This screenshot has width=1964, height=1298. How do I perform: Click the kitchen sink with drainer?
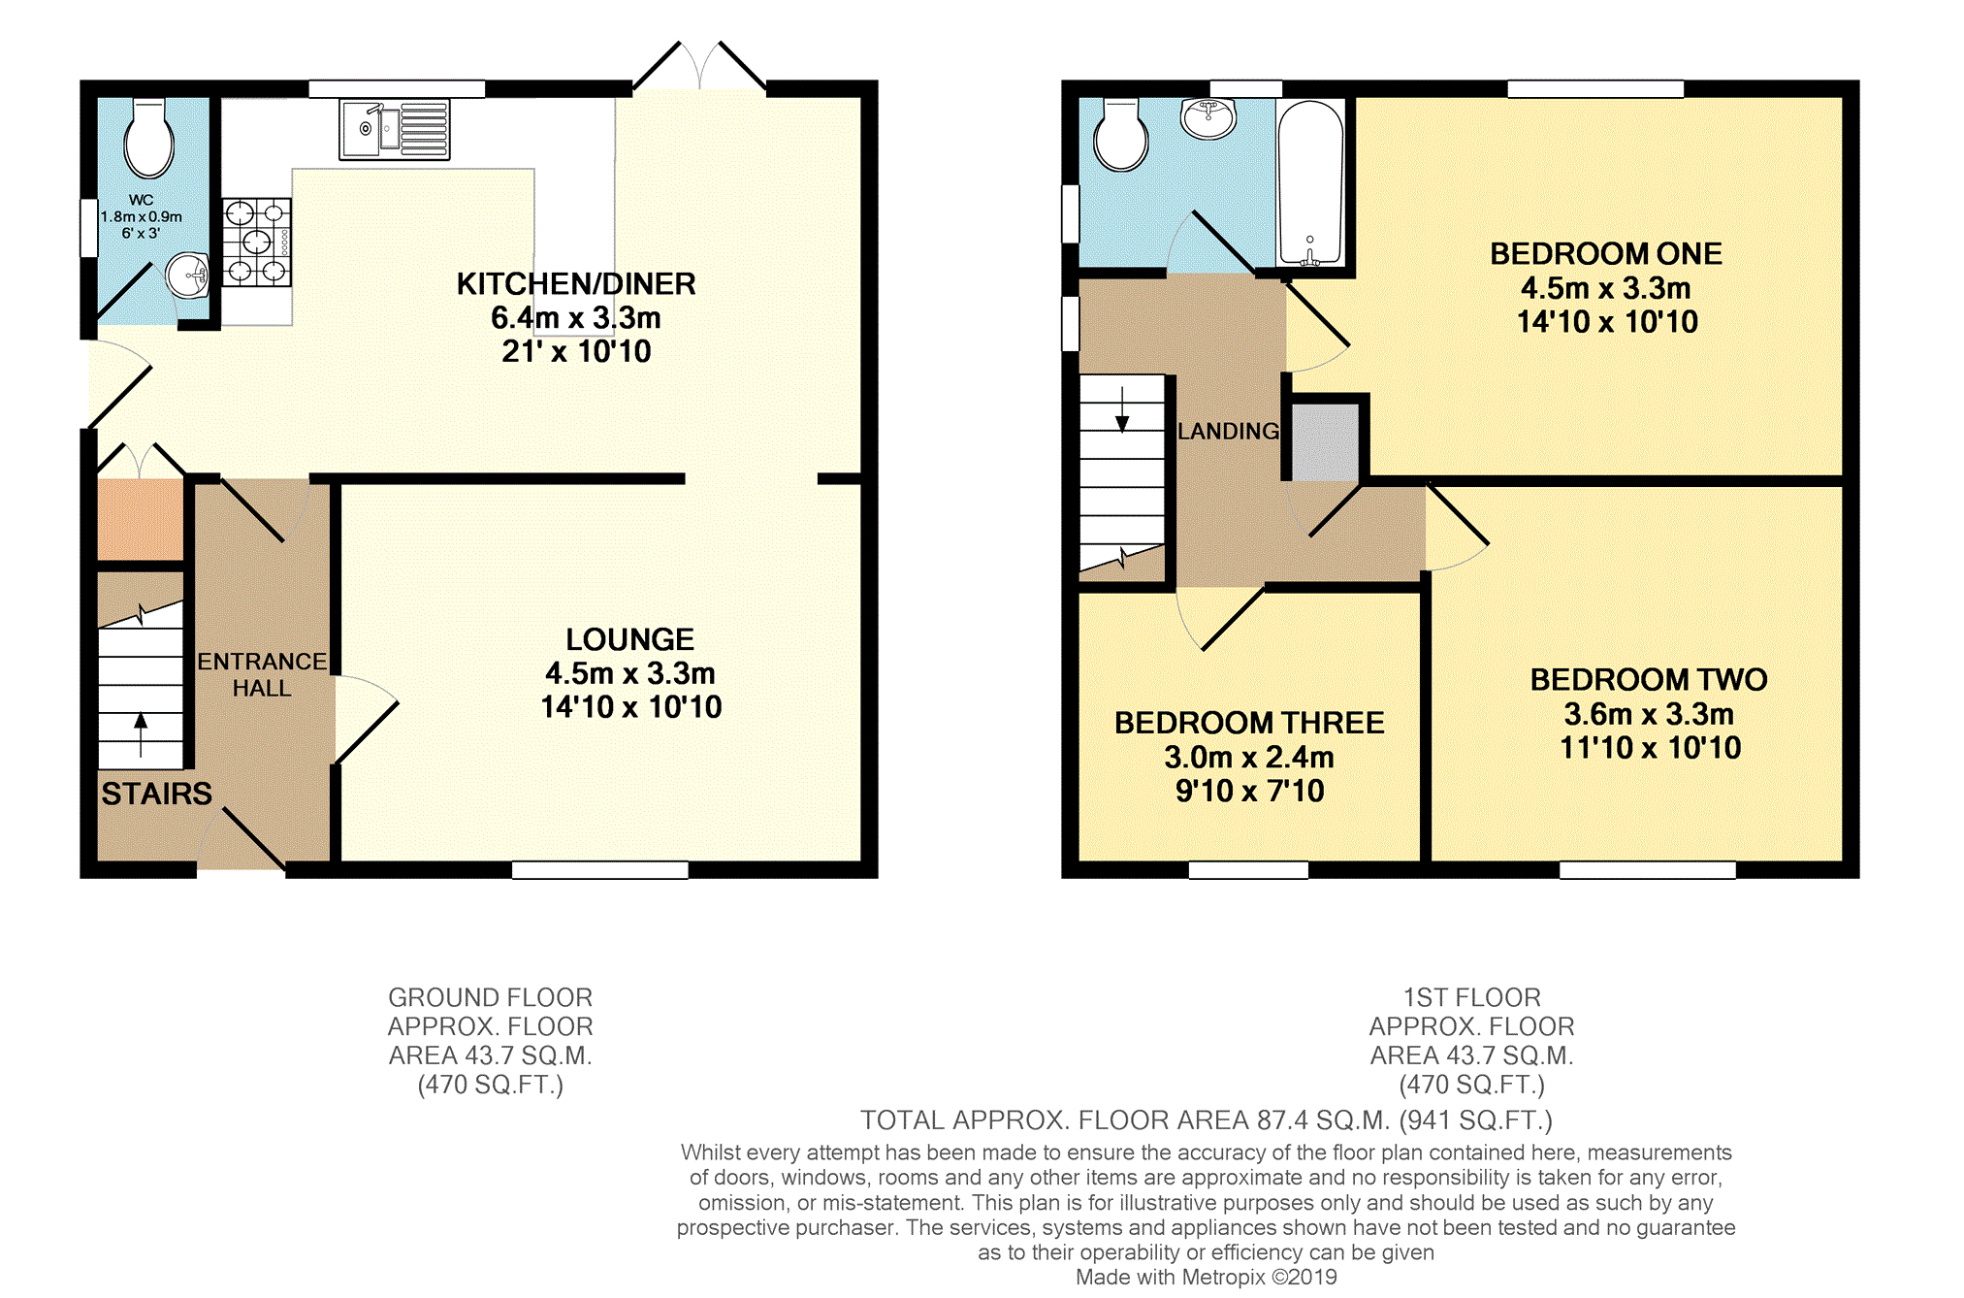point(395,129)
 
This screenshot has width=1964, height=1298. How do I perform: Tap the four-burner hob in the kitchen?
point(257,242)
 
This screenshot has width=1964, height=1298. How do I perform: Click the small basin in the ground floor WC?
point(188,276)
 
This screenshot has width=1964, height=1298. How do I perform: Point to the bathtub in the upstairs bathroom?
point(1310,183)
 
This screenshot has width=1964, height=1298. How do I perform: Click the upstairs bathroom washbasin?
point(1208,118)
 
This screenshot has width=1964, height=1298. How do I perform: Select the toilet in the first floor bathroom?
point(1121,135)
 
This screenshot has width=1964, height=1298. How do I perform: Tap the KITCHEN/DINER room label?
point(576,284)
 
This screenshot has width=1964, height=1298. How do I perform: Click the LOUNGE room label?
point(630,639)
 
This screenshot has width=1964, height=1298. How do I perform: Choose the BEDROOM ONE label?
point(1606,254)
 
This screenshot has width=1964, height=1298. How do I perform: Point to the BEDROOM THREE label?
point(1249,723)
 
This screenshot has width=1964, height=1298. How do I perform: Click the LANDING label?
point(1228,431)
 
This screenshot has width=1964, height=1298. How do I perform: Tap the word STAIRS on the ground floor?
point(156,794)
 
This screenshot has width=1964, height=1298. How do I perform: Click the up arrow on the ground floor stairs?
point(141,734)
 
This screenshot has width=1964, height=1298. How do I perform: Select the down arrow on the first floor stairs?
point(1122,409)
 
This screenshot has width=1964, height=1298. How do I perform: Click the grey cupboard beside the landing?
point(1325,442)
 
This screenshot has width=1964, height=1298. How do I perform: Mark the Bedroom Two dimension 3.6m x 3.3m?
point(1649,715)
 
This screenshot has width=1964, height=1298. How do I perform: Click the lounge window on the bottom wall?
point(600,870)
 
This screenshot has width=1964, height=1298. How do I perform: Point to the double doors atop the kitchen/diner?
point(699,66)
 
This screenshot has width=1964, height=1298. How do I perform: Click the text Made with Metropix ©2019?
point(1206,1278)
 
